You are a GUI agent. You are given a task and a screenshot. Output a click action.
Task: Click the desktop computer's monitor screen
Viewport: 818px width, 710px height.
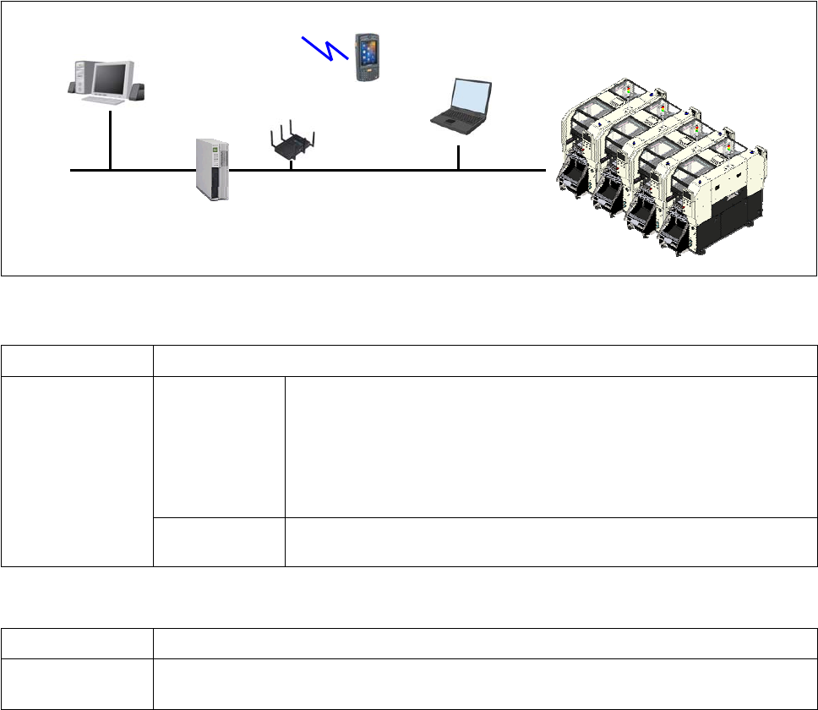(x=112, y=79)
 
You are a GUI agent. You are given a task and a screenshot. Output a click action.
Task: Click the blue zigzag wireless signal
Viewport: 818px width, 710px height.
(x=325, y=47)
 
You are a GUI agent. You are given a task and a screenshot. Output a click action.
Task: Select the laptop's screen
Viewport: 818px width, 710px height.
(x=472, y=96)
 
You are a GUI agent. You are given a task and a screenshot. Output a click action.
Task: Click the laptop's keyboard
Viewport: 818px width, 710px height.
(x=456, y=122)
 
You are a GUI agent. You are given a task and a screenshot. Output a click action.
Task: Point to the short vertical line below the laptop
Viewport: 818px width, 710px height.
(x=458, y=157)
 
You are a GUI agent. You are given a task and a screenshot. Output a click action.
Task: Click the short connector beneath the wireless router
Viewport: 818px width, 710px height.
(x=291, y=164)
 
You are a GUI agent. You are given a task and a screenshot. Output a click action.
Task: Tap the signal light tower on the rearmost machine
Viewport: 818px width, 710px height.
(x=627, y=88)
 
